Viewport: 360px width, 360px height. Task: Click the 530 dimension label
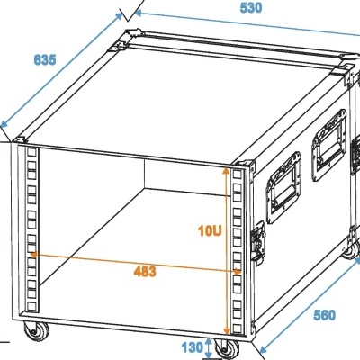point(251,9)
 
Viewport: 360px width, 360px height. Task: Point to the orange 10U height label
point(211,229)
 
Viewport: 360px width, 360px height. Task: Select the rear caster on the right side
point(347,255)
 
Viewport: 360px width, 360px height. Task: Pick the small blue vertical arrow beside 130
point(210,346)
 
